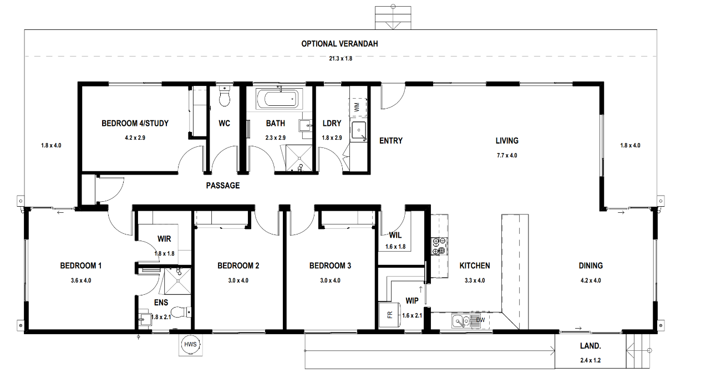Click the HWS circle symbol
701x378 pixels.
click(190, 344)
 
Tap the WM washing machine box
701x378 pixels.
click(357, 108)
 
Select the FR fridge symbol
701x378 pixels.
click(390, 314)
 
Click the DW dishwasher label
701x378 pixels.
click(480, 320)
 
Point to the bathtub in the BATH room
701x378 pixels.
click(280, 99)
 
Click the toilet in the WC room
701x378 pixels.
click(225, 95)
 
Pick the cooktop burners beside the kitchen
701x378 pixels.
click(439, 246)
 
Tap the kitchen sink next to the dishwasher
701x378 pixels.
click(461, 321)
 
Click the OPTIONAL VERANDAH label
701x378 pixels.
click(339, 44)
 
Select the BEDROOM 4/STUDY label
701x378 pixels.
click(135, 123)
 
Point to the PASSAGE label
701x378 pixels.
click(223, 186)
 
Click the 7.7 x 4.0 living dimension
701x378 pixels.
click(507, 155)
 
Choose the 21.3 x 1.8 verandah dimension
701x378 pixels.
click(341, 58)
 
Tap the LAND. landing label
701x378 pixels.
click(591, 346)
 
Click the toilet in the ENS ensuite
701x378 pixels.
click(181, 311)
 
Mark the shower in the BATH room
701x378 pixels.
click(299, 158)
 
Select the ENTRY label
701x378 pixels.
click(391, 141)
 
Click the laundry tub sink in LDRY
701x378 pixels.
click(359, 130)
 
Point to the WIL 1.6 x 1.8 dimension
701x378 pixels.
click(395, 247)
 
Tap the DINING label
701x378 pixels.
click(591, 265)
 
